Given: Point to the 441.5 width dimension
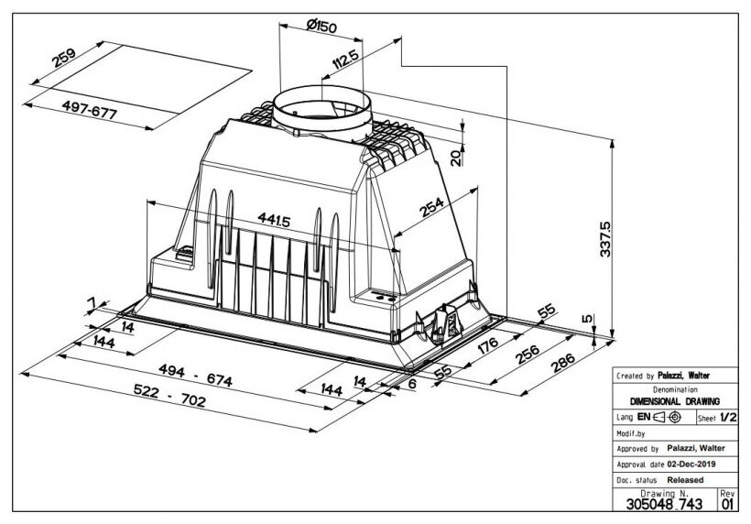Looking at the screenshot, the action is pyautogui.click(x=276, y=220).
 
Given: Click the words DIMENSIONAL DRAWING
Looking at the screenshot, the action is pyautogui.click(x=675, y=401).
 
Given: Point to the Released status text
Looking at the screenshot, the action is pyautogui.click(x=685, y=479).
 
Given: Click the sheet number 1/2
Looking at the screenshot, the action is pyautogui.click(x=727, y=417).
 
